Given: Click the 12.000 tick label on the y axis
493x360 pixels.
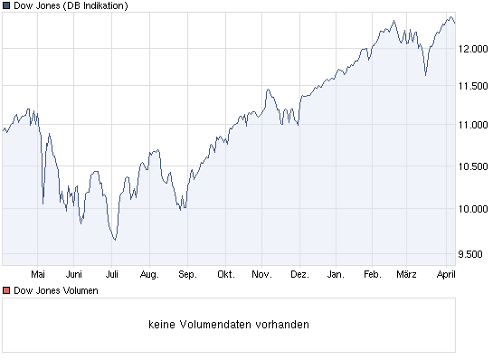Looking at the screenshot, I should point(473,50).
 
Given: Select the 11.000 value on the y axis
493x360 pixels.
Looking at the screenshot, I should point(473,126).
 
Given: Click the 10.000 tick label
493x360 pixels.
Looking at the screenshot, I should point(473,209).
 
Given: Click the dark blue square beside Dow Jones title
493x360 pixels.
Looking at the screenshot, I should point(6,6).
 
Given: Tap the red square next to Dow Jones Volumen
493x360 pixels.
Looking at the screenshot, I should point(6,290).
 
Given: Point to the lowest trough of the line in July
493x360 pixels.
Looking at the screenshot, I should point(115,240).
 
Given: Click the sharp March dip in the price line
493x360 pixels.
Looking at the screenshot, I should point(425,76).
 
